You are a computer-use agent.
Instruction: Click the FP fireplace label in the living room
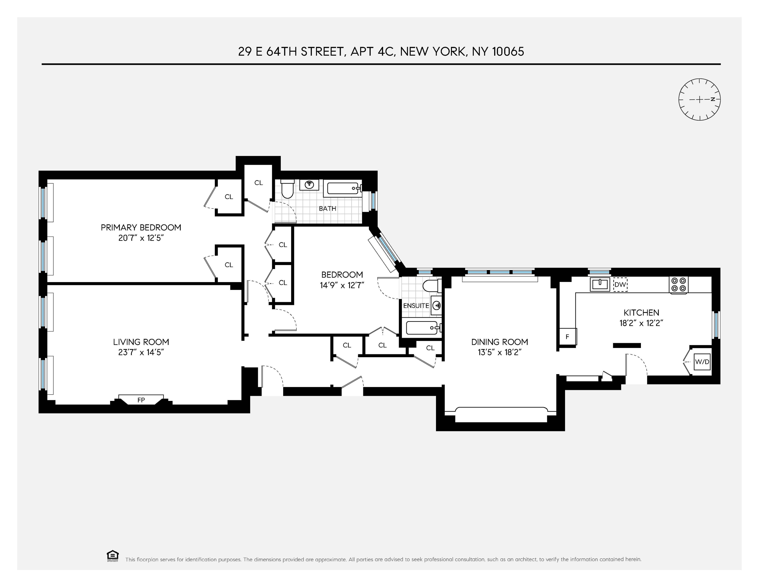click(x=141, y=400)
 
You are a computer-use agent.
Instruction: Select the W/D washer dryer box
click(x=702, y=362)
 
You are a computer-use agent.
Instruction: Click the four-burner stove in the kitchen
click(x=679, y=284)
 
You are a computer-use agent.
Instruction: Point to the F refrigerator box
click(x=567, y=337)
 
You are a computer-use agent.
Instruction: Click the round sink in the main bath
click(x=309, y=185)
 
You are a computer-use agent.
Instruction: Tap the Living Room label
click(x=141, y=342)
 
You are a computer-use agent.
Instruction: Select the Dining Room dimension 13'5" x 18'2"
click(x=499, y=352)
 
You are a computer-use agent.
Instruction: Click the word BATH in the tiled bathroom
click(x=327, y=209)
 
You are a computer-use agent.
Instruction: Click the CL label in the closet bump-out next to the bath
click(x=258, y=183)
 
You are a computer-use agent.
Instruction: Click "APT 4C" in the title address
click(x=373, y=51)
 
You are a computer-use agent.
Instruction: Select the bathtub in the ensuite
click(x=421, y=328)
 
